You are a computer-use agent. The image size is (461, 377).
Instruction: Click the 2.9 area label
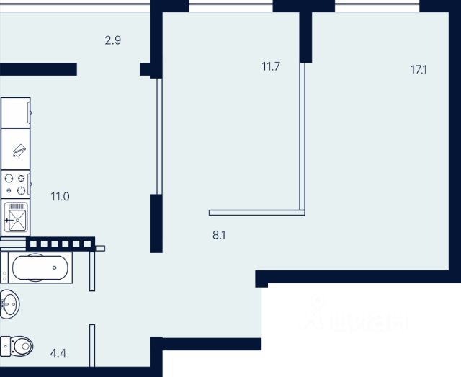pyautogui.click(x=112, y=40)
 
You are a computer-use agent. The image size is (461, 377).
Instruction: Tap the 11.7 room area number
pyautogui.click(x=270, y=67)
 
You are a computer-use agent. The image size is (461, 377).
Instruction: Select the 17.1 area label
pyautogui.click(x=419, y=70)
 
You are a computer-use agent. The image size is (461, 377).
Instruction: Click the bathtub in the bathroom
pyautogui.click(x=40, y=269)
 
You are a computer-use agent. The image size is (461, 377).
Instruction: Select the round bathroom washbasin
pyautogui.click(x=9, y=303)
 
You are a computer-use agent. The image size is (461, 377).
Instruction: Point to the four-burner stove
pyautogui.click(x=16, y=184)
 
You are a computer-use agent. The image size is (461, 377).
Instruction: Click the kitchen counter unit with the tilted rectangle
pyautogui.click(x=16, y=150)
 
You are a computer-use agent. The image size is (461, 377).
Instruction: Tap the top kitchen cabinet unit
pyautogui.click(x=15, y=112)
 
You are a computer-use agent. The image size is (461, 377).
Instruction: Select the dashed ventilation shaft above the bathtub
pyautogui.click(x=61, y=244)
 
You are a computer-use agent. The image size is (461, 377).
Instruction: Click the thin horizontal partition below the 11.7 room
pyautogui.click(x=256, y=213)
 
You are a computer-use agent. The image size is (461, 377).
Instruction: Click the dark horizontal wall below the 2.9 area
pyautogui.click(x=37, y=69)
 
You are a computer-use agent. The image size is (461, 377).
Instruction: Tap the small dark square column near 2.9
pyautogui.click(x=146, y=70)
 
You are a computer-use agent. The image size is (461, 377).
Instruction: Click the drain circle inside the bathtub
pyautogui.click(x=54, y=269)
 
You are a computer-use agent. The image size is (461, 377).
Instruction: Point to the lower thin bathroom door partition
pyautogui.click(x=92, y=346)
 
